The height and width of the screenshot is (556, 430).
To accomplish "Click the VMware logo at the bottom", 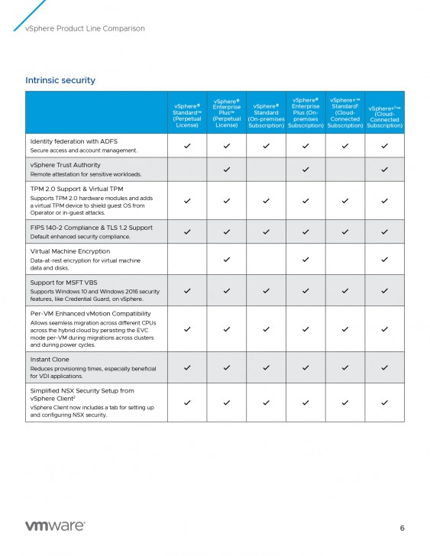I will point(55,526).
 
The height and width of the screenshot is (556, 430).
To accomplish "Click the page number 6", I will point(403,528).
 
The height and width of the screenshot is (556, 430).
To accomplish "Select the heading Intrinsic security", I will point(60,80).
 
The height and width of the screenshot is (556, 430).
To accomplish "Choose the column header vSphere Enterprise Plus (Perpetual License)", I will point(226,113).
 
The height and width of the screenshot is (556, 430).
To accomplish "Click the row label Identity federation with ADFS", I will point(75,141).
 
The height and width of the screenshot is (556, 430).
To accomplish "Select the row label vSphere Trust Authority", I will point(65,164).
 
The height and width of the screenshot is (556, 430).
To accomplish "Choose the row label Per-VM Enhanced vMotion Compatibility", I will point(90,313).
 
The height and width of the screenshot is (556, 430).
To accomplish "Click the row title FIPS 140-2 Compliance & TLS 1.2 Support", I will point(92,227).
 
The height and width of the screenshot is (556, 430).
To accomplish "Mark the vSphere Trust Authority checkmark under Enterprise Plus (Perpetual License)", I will point(226,169).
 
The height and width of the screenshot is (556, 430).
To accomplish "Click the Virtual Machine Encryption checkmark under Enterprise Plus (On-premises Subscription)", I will point(306,260).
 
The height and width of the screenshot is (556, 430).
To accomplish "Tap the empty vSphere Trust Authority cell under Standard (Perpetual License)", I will point(186,169).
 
